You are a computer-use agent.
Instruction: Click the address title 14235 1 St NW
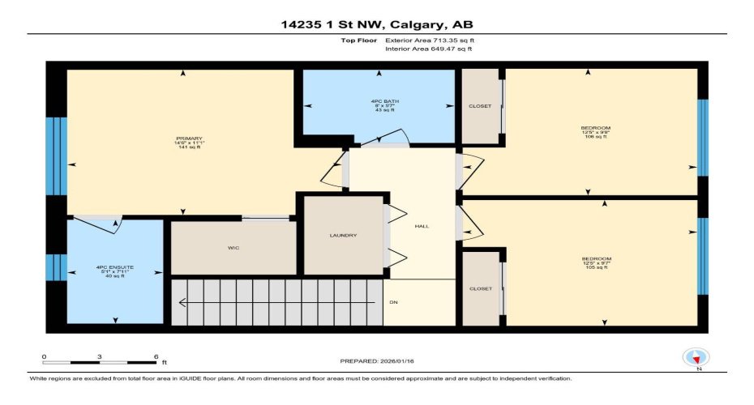coord(376,23)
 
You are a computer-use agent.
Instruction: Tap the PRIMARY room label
coord(188,139)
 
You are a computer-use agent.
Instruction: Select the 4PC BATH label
coord(379,101)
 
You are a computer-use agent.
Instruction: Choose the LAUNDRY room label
coord(343,235)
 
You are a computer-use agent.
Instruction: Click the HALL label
coord(421,226)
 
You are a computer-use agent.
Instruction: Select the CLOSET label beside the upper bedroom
coord(480,105)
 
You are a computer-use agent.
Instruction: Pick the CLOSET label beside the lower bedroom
coord(480,288)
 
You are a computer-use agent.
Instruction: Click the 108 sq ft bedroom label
coord(596,133)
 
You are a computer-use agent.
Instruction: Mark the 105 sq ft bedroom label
coord(596,263)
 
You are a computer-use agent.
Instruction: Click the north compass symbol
coord(696,358)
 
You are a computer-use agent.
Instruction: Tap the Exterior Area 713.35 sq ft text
coord(429,39)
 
